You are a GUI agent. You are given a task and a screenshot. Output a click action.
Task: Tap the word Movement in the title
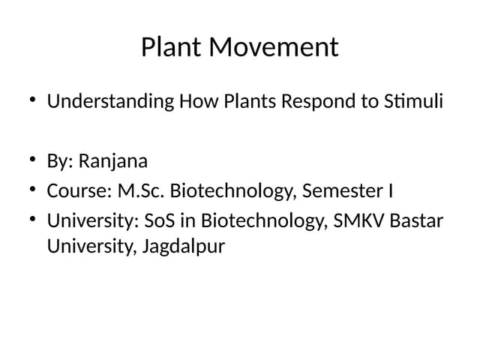[x=274, y=48]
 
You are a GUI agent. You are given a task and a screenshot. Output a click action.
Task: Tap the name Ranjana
[x=113, y=161]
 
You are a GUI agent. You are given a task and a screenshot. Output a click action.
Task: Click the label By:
[x=61, y=161]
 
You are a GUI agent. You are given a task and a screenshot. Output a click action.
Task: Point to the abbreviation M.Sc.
[x=141, y=191]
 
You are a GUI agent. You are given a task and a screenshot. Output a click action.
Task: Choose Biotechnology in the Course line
[x=234, y=191]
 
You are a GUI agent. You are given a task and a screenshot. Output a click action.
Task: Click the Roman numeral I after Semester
[x=390, y=191]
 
